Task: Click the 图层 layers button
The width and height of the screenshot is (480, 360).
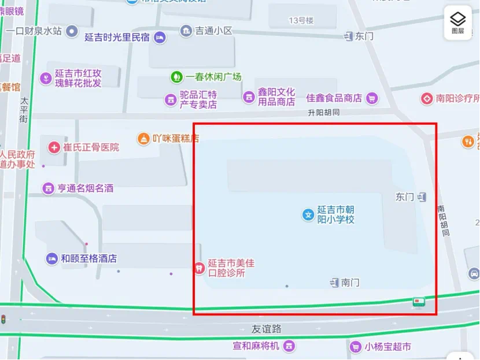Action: click(457, 23)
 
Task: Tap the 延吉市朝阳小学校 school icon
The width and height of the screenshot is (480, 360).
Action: click(308, 215)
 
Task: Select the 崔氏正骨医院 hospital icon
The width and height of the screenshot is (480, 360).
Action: click(54, 147)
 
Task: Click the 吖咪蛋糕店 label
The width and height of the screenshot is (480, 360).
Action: click(176, 138)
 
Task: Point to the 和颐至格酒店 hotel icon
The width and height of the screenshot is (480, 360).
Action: click(52, 258)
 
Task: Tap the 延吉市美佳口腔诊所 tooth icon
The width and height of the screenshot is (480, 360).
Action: click(198, 268)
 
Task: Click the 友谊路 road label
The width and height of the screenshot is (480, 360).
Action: click(266, 329)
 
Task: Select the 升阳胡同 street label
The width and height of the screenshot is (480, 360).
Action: click(324, 112)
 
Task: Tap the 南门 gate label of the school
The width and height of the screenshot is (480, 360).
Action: click(350, 283)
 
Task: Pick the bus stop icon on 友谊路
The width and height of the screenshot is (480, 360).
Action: click(419, 302)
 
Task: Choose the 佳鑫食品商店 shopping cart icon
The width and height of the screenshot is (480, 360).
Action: click(372, 98)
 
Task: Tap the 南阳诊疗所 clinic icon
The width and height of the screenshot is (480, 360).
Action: click(427, 98)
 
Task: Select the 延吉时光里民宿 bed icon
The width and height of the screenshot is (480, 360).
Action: click(160, 38)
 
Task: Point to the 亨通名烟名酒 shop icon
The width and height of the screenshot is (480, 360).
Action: click(48, 188)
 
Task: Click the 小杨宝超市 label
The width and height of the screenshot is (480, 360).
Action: click(387, 347)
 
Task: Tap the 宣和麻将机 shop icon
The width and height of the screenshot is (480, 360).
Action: click(289, 346)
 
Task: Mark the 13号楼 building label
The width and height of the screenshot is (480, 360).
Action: click(301, 21)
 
